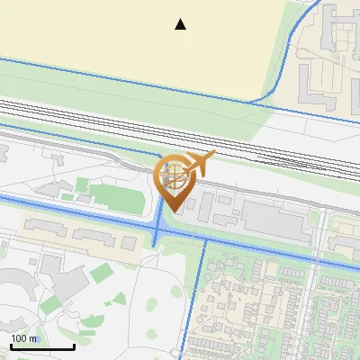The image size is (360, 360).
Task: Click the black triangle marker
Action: (181, 24)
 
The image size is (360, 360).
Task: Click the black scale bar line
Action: (41, 347)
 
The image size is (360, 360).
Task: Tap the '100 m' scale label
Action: (24, 338)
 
